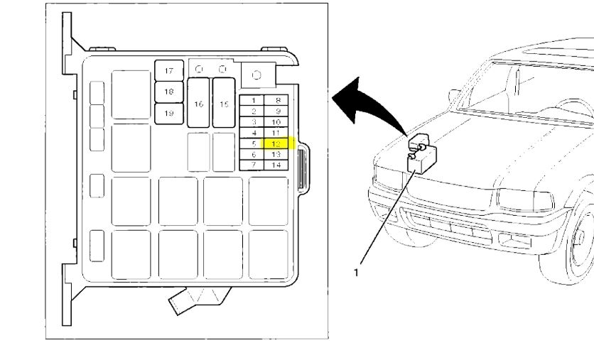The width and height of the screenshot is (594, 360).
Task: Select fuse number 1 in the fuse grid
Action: click(x=253, y=100)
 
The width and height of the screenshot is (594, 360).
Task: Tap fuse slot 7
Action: click(x=253, y=165)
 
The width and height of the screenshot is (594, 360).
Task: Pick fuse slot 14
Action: click(x=276, y=165)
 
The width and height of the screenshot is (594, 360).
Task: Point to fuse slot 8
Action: click(x=276, y=100)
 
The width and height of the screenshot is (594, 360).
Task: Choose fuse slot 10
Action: click(x=276, y=122)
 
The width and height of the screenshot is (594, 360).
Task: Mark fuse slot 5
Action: click(x=253, y=143)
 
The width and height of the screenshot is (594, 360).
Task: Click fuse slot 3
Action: click(x=253, y=122)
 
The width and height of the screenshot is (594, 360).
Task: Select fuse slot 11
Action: click(x=276, y=133)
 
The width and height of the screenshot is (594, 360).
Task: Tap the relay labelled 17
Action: click(x=169, y=71)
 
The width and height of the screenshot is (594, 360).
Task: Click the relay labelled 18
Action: click(x=169, y=92)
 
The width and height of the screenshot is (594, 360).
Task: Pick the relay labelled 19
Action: click(x=169, y=113)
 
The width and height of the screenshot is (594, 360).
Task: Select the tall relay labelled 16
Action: click(x=198, y=103)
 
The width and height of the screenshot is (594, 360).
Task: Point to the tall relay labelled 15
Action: click(x=225, y=103)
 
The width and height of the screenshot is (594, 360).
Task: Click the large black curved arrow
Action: click(x=369, y=103)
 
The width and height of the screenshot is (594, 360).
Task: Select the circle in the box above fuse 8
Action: click(x=256, y=75)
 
